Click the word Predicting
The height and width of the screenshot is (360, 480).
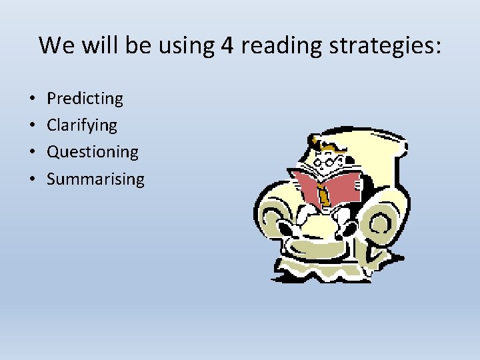(x=85, y=99)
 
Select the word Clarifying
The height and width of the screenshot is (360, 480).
(x=81, y=125)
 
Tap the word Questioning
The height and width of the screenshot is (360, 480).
(x=93, y=152)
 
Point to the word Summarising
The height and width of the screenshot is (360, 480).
(x=95, y=179)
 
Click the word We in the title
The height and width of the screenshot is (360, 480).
(x=55, y=45)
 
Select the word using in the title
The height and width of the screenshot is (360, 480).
(x=184, y=45)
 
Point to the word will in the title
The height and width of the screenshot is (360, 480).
(x=97, y=45)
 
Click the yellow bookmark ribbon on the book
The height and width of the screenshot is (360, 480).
(x=324, y=194)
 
